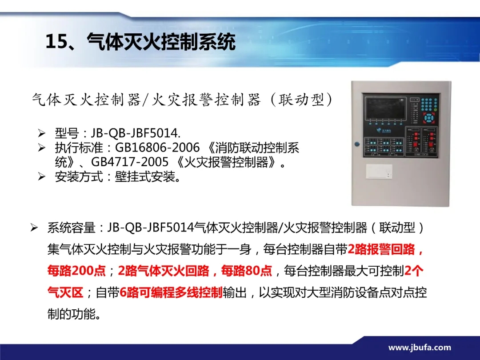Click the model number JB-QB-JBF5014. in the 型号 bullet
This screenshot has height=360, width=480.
point(136,133)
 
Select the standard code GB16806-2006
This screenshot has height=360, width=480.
point(157,148)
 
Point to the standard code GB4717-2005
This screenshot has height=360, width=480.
point(130,162)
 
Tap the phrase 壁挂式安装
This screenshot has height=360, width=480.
point(148,176)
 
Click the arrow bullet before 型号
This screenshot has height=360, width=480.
point(41,133)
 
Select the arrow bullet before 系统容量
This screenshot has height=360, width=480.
point(34,228)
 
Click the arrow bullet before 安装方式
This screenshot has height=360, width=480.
point(41,176)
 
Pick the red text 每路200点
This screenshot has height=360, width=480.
point(76,271)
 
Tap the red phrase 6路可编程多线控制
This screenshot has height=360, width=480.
point(171,292)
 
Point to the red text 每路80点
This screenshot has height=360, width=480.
point(247,271)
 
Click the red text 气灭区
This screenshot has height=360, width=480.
point(65,292)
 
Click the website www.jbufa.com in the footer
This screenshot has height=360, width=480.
point(420,348)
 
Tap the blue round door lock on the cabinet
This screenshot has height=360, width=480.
point(357,144)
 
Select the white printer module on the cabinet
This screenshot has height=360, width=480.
point(379,171)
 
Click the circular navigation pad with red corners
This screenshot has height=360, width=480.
point(429,118)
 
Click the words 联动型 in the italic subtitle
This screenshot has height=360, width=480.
point(301,100)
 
